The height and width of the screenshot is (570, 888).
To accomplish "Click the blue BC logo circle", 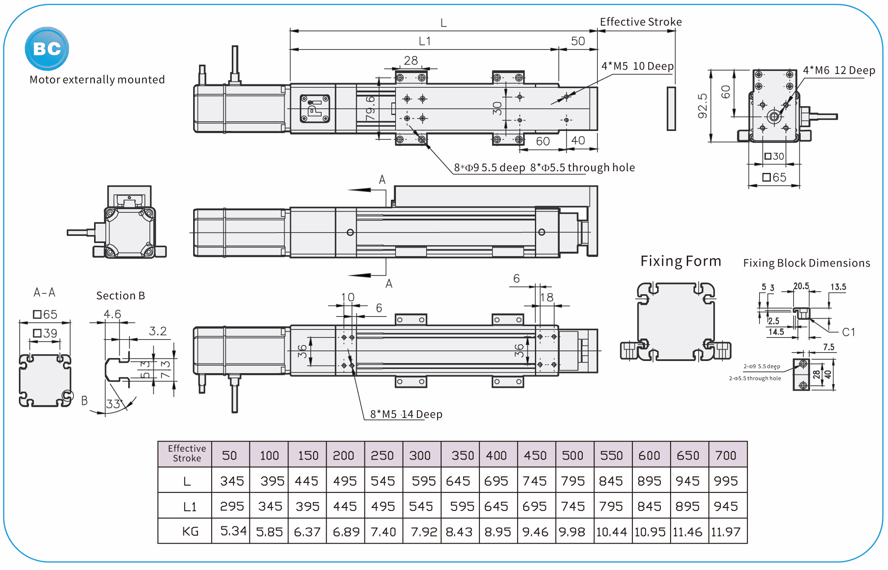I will (x=47, y=49).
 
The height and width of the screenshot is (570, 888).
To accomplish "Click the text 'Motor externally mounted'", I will (x=97, y=80).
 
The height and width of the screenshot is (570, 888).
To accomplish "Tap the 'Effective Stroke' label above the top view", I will (x=640, y=22).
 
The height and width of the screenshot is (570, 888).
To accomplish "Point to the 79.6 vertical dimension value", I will (x=370, y=108).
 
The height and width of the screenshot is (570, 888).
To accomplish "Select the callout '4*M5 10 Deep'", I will (x=637, y=66).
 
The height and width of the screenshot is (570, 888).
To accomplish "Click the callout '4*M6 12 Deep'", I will (x=838, y=71).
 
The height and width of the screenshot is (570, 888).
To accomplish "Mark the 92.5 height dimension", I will (x=702, y=106).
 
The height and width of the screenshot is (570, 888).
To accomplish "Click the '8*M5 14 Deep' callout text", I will (x=406, y=414).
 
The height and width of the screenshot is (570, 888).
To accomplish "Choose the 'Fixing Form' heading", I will (x=680, y=261).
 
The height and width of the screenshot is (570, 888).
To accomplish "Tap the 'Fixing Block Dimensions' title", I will (x=806, y=263).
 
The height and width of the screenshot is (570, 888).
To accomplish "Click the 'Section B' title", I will (x=120, y=296).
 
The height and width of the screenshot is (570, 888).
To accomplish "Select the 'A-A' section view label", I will (x=45, y=293).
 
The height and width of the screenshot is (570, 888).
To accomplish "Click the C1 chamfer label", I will (x=849, y=332).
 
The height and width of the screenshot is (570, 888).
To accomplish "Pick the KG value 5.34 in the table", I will (x=233, y=531).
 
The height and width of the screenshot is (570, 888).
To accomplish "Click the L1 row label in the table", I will (x=190, y=507).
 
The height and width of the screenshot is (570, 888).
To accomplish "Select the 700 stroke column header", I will (x=726, y=455).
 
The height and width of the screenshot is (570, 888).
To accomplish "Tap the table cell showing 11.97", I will (x=726, y=532).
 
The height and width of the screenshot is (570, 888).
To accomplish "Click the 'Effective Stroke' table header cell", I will (x=186, y=454).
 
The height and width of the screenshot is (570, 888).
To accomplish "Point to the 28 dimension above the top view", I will (x=411, y=61).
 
